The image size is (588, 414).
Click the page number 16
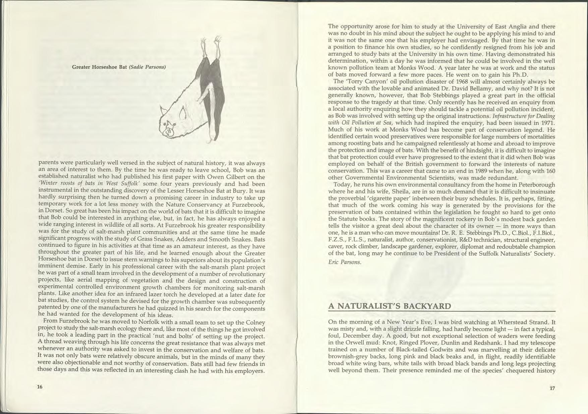(x=40, y=387)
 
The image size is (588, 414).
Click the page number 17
(x=552, y=389)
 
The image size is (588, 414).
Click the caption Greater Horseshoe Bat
(x=100, y=67)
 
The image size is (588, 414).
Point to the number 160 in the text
(x=550, y=171)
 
